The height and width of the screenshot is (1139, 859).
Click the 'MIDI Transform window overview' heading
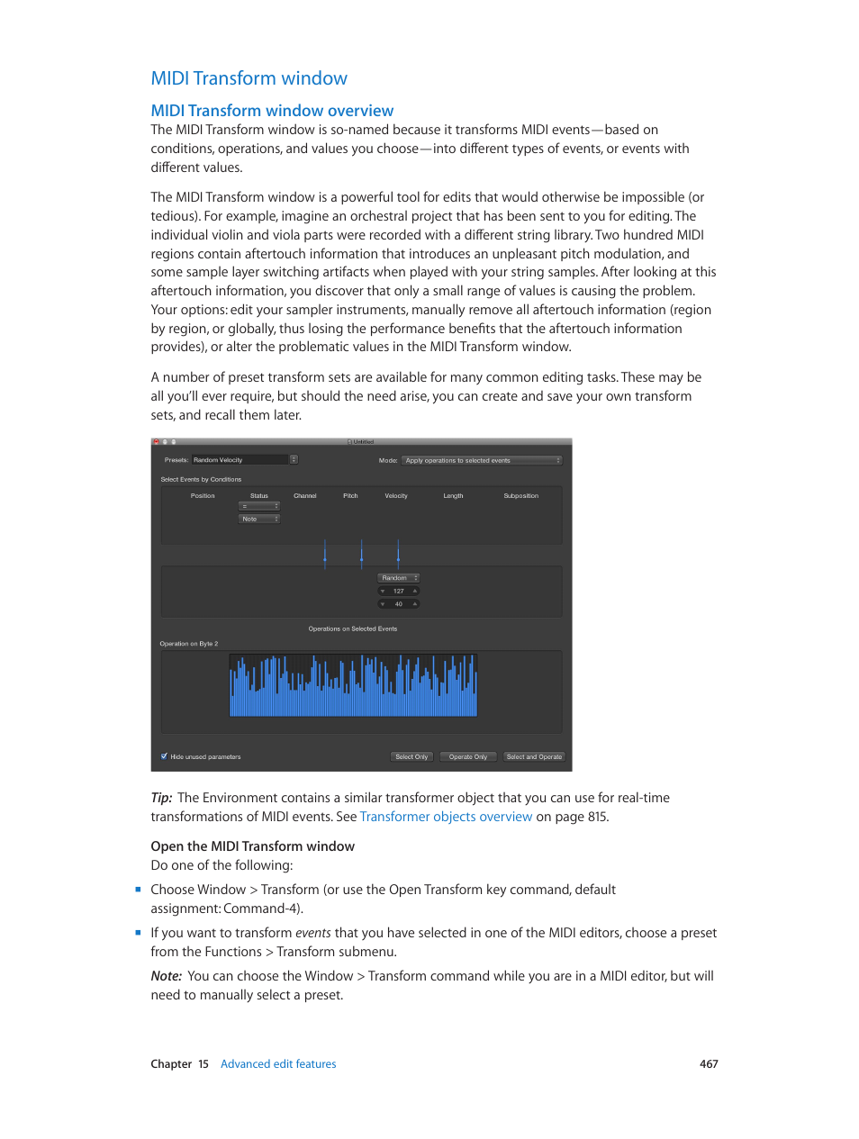pyautogui.click(x=272, y=111)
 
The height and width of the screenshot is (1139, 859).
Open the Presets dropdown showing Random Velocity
pyautogui.click(x=244, y=460)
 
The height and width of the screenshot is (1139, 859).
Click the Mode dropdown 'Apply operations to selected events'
pyautogui.click(x=481, y=460)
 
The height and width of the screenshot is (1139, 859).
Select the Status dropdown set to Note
pyautogui.click(x=258, y=520)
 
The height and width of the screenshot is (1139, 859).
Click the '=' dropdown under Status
pyautogui.click(x=258, y=506)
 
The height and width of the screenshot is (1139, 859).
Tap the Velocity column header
pyautogui.click(x=396, y=496)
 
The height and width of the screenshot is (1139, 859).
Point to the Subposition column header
pyautogui.click(x=520, y=496)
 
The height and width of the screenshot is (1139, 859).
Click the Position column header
pyautogui.click(x=203, y=496)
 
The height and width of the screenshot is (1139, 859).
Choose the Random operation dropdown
pyautogui.click(x=398, y=578)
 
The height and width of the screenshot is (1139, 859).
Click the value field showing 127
pyautogui.click(x=398, y=592)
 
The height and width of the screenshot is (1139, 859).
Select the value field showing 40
pyautogui.click(x=398, y=604)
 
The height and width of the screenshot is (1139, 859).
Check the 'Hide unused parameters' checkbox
pyautogui.click(x=164, y=756)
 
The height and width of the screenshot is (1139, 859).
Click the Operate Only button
pyautogui.click(x=467, y=757)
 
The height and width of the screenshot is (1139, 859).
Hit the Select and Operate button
pyautogui.click(x=534, y=757)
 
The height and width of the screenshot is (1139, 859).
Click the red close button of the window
pyautogui.click(x=156, y=442)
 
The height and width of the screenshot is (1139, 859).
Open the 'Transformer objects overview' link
pyautogui.click(x=446, y=817)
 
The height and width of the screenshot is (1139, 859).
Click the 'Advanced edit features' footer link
pyautogui.click(x=278, y=1064)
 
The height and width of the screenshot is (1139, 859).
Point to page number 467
pyautogui.click(x=709, y=1064)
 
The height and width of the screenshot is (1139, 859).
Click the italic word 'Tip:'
pyautogui.click(x=161, y=798)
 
